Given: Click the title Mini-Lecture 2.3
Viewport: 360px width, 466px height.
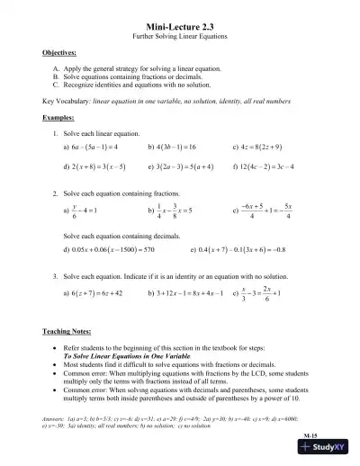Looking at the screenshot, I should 179,29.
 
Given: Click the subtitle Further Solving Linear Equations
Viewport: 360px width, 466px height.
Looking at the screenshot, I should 179,39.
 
